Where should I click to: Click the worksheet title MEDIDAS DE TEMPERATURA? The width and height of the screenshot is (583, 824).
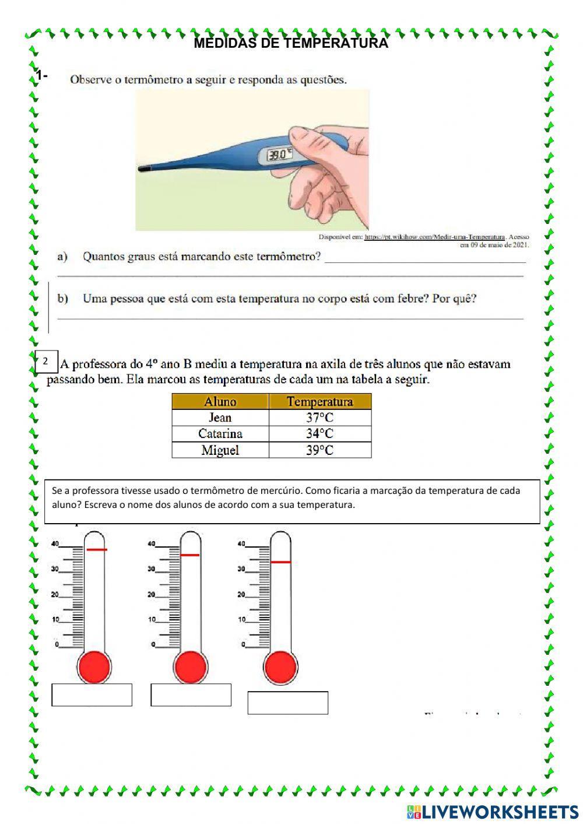click(290, 43)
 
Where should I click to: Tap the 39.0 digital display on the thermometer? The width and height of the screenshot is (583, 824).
click(279, 155)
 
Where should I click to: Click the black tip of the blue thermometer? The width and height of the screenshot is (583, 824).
click(143, 169)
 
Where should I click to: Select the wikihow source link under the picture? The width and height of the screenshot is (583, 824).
click(434, 237)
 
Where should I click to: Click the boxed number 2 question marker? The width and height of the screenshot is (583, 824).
click(45, 362)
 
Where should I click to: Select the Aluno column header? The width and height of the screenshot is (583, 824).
click(220, 401)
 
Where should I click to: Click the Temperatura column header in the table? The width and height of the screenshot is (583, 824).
click(319, 401)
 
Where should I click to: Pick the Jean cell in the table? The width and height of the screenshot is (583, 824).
click(220, 418)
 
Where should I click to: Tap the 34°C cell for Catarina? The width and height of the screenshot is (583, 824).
click(319, 433)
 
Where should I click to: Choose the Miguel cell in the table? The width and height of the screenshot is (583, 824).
click(220, 450)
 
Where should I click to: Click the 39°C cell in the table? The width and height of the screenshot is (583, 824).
click(319, 450)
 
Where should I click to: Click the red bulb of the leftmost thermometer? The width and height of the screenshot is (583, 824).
click(94, 665)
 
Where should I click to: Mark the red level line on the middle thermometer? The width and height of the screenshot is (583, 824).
click(190, 555)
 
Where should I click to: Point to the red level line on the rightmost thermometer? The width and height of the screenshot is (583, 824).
click(280, 562)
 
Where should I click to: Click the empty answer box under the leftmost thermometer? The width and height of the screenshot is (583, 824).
click(92, 695)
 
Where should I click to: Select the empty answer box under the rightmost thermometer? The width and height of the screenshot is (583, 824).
click(287, 703)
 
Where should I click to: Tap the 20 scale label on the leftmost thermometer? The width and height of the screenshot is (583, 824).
click(55, 595)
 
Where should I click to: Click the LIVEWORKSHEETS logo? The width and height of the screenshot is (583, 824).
click(493, 811)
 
